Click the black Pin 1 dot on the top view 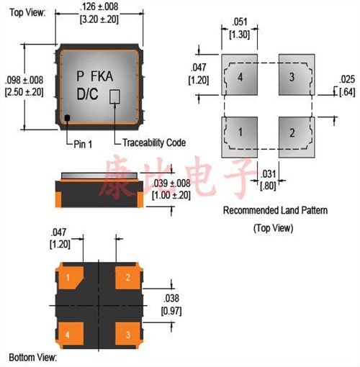(x=67, y=118)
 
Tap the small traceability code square (x=114, y=96)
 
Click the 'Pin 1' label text (x=83, y=144)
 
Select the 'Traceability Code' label (x=154, y=142)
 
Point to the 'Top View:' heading (x=27, y=12)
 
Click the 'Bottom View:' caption (x=33, y=358)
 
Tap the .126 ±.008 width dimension (x=99, y=6)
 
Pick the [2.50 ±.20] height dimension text (x=24, y=92)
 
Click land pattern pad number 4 (x=240, y=75)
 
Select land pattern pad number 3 (x=297, y=75)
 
